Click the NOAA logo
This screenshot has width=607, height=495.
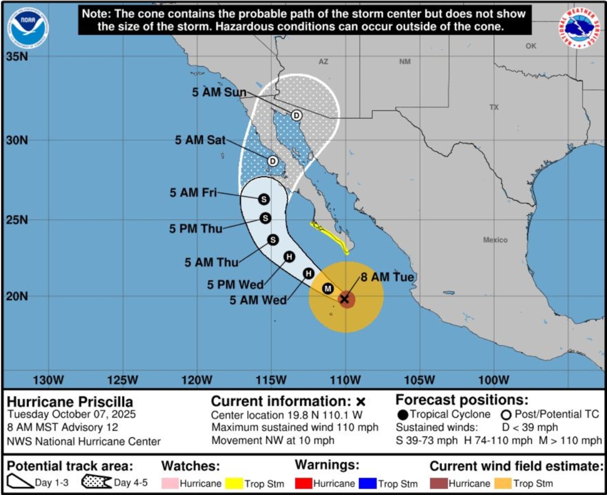[28, 28]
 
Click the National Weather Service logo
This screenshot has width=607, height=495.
[579, 28]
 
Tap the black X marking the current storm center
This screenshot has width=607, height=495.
[345, 299]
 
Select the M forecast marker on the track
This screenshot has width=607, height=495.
[328, 289]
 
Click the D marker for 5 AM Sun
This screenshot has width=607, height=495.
[296, 116]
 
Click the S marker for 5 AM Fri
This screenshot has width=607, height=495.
[264, 199]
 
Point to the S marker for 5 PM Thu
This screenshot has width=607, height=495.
[265, 218]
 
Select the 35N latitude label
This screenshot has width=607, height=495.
[17, 56]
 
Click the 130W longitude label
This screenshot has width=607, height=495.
[49, 380]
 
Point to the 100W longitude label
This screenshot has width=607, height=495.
[494, 380]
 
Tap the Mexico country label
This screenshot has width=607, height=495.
[495, 240]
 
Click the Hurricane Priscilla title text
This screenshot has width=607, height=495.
[70, 402]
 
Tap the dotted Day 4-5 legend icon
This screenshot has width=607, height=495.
[96, 482]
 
